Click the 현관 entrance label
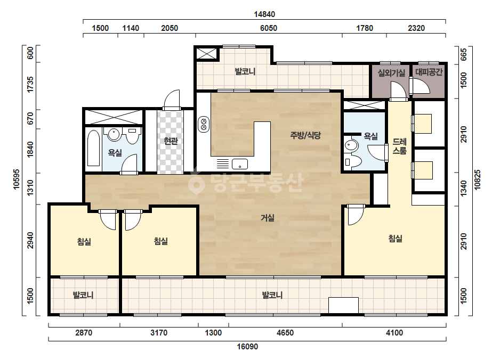171,141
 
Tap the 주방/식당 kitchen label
305,135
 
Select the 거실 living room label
268,217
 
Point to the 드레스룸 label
400,146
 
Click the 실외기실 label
391,73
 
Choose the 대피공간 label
429,72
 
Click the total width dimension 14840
264,14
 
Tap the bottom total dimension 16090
247,347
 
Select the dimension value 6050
269,28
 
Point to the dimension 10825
478,179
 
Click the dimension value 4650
285,333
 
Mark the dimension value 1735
30,84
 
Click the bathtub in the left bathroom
93,148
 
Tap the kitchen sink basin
240,163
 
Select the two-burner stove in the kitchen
204,124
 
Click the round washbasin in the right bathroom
351,145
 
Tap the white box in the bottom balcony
343,305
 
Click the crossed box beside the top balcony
207,54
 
